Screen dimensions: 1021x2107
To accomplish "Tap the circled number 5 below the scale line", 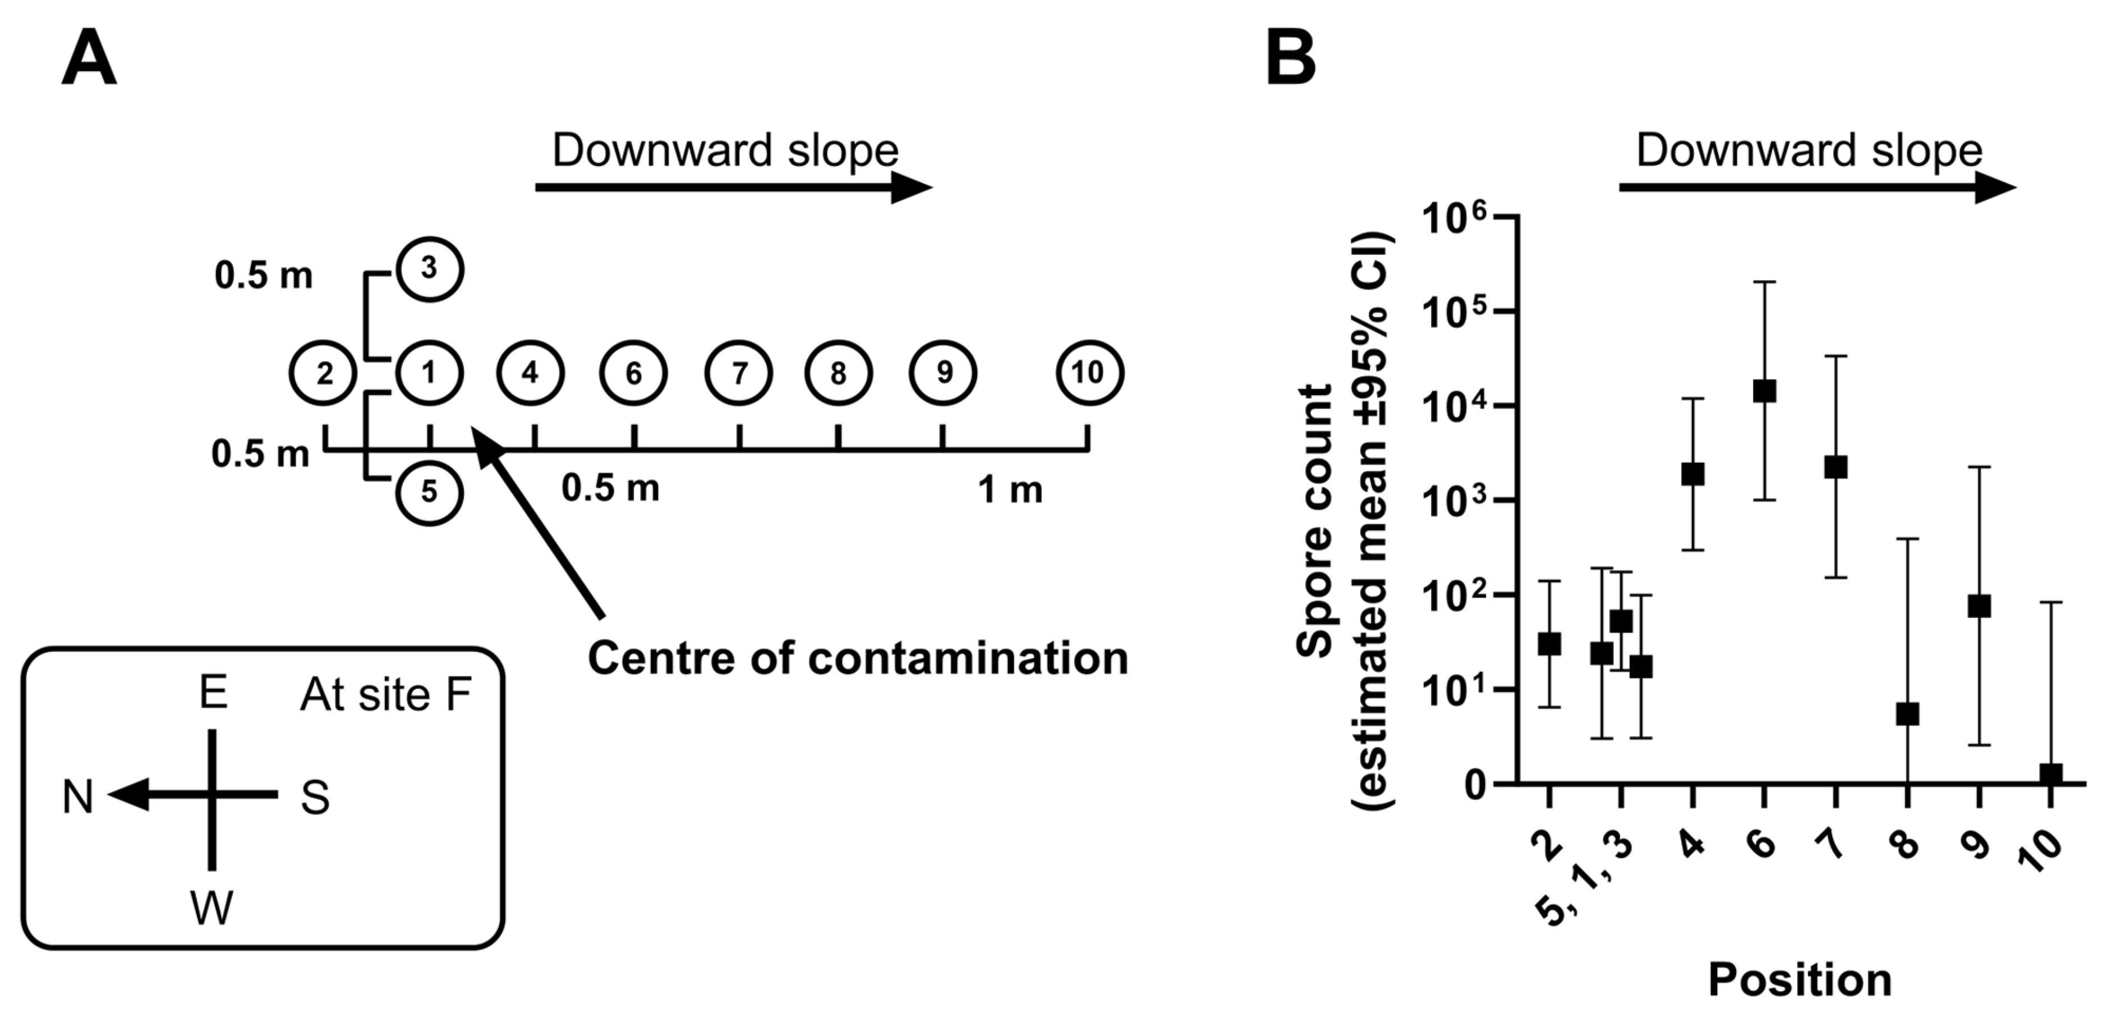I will [429, 492].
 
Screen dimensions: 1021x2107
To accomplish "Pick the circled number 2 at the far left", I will [324, 373].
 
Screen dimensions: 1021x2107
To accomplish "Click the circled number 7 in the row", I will [739, 373].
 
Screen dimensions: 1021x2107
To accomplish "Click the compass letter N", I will [78, 797].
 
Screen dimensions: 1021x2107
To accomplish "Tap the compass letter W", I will [212, 907].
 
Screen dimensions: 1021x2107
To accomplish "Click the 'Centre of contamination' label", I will [857, 658].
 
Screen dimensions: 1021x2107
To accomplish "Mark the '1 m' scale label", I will [1010, 490].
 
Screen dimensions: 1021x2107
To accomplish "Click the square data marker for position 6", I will [1764, 391].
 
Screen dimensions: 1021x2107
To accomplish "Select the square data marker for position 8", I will [1907, 714].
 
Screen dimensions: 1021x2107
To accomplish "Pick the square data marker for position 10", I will [2050, 774].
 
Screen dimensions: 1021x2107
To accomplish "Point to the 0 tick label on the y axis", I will [1475, 785].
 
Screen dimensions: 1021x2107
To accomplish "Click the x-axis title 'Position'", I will [1800, 979].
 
